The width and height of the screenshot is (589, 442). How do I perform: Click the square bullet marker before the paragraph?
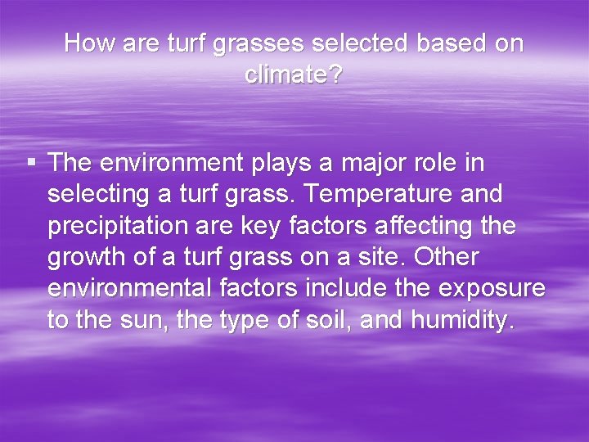click(31, 164)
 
